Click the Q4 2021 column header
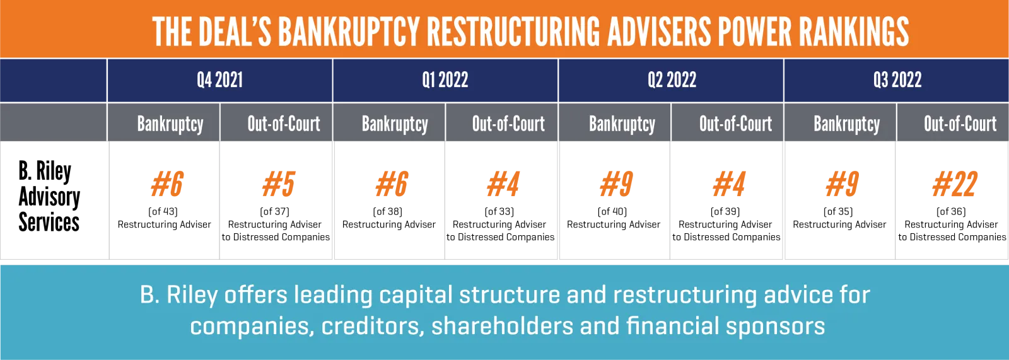[x=220, y=80]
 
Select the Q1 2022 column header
[x=445, y=80]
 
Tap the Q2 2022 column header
[x=672, y=80]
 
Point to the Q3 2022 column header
[x=897, y=80]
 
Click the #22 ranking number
[x=955, y=184]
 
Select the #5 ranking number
[x=278, y=184]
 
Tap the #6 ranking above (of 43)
[x=166, y=184]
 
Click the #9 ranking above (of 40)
[x=616, y=184]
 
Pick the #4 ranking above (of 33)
[x=503, y=184]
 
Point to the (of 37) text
[x=275, y=211]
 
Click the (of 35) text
[x=838, y=211]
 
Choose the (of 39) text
[x=725, y=211]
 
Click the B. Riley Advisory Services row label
[x=49, y=197]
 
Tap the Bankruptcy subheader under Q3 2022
[x=847, y=124]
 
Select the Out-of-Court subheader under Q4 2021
[x=284, y=124]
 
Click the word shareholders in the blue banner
[x=502, y=326]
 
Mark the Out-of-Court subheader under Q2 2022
[x=735, y=124]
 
